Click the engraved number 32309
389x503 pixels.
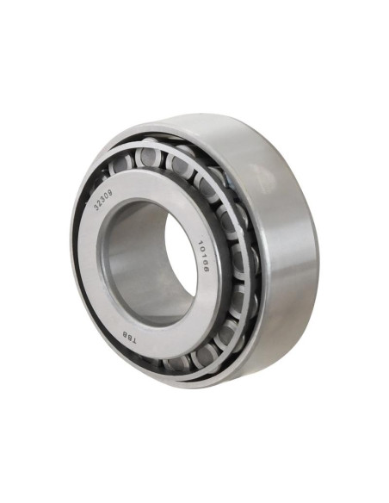[x=103, y=200]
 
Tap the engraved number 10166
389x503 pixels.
[x=204, y=257]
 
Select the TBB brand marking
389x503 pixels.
[x=128, y=338]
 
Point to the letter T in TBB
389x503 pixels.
[x=133, y=341]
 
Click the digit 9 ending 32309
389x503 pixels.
[x=110, y=193]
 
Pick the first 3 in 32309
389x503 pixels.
[x=96, y=208]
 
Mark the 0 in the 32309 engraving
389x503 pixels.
[x=107, y=196]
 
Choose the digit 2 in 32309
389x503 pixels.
[x=99, y=203]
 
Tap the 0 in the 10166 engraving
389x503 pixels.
[x=202, y=249]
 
